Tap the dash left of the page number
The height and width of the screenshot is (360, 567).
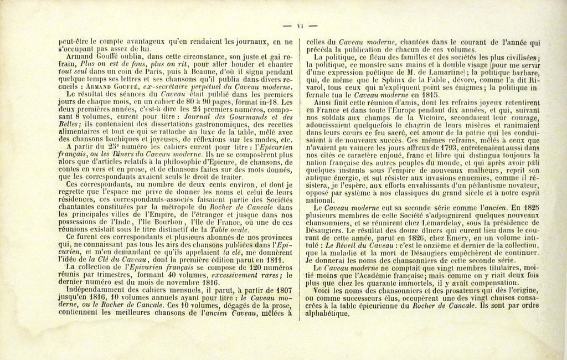(286, 25)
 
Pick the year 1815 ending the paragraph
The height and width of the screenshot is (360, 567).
(428, 95)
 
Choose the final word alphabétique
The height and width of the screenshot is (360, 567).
(328, 313)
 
